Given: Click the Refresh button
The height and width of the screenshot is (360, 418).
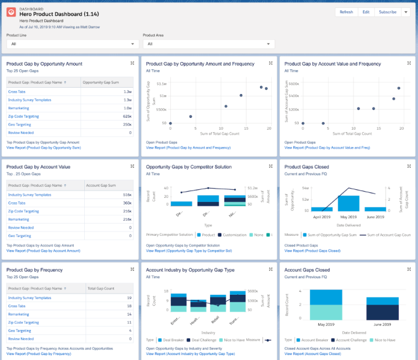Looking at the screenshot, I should tap(346, 12).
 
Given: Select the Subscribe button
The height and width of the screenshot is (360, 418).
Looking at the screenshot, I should tap(387, 12).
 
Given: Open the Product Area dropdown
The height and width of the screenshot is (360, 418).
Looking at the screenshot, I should tap(208, 44).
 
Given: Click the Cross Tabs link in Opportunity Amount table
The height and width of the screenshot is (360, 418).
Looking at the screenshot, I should tap(17, 91).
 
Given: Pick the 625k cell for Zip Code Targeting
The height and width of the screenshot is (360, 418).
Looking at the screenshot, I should tap(127, 115).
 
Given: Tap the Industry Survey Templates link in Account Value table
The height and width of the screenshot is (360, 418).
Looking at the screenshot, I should tap(30, 194).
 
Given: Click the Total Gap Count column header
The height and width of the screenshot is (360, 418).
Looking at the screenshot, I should tap(101, 288).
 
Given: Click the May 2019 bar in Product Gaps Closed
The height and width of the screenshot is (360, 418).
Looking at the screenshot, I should tap(349, 203).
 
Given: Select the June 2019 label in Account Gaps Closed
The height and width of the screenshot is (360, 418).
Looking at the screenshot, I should tap(382, 324).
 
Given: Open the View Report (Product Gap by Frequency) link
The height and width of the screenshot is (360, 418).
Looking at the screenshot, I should tap(39, 354).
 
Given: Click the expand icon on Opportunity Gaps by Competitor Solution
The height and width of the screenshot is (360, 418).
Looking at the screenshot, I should tap(272, 166).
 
